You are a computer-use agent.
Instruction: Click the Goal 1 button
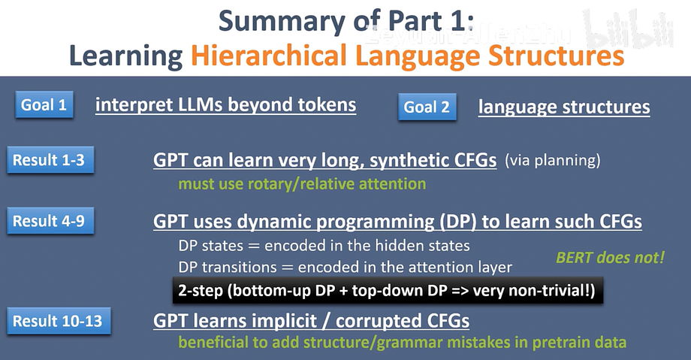(x=44, y=105)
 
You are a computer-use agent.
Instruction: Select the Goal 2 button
(x=427, y=107)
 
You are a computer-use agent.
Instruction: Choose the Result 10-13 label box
(x=56, y=322)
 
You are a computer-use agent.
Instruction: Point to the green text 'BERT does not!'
(x=610, y=258)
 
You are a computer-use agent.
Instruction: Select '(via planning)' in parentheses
(x=553, y=160)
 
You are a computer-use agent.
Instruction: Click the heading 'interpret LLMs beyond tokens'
(x=225, y=105)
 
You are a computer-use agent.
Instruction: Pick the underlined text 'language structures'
(x=564, y=107)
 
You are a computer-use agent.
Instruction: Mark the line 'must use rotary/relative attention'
(x=302, y=183)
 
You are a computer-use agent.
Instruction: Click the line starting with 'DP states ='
(x=324, y=245)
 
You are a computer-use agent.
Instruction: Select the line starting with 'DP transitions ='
(x=345, y=267)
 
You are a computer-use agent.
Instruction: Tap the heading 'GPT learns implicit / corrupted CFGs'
(x=312, y=321)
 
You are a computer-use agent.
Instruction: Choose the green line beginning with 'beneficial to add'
(x=401, y=343)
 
